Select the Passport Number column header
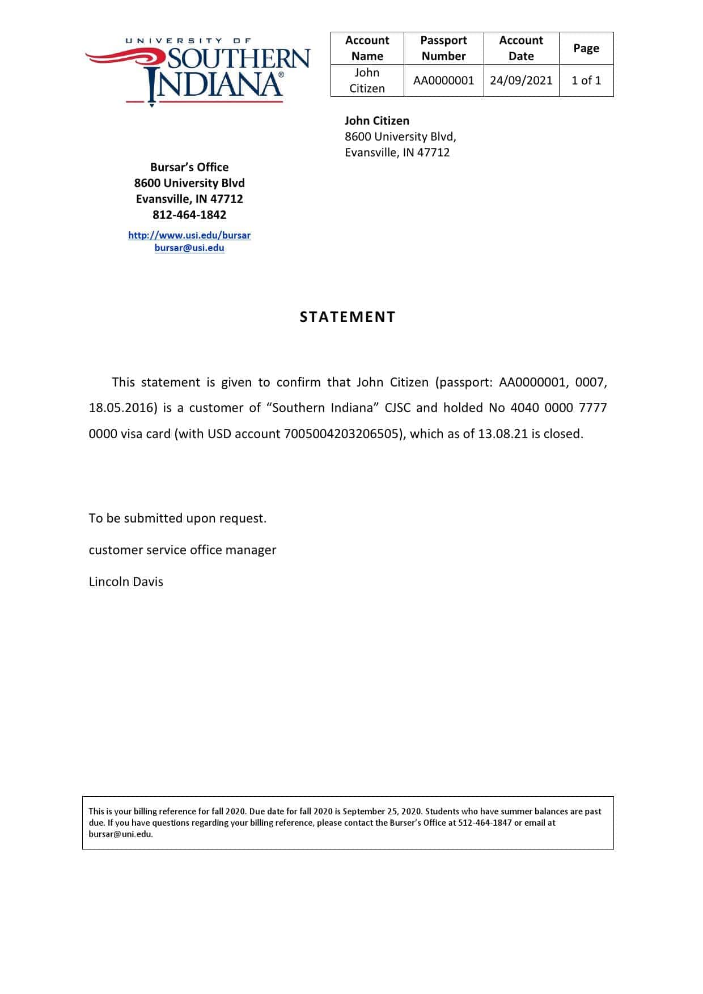tap(443, 48)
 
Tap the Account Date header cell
tap(520, 48)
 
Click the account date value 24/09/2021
tap(521, 80)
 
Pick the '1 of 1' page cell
tap(586, 80)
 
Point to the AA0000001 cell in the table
tap(443, 80)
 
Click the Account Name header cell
tap(367, 48)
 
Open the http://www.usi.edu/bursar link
tap(189, 235)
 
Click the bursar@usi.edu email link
tap(189, 248)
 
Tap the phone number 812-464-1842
tap(189, 215)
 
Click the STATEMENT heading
tap(348, 317)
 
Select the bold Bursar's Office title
tap(189, 167)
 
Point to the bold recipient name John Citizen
tap(377, 121)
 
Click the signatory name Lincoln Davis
tap(126, 581)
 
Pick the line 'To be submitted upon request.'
tap(177, 518)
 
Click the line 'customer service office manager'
tap(183, 550)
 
